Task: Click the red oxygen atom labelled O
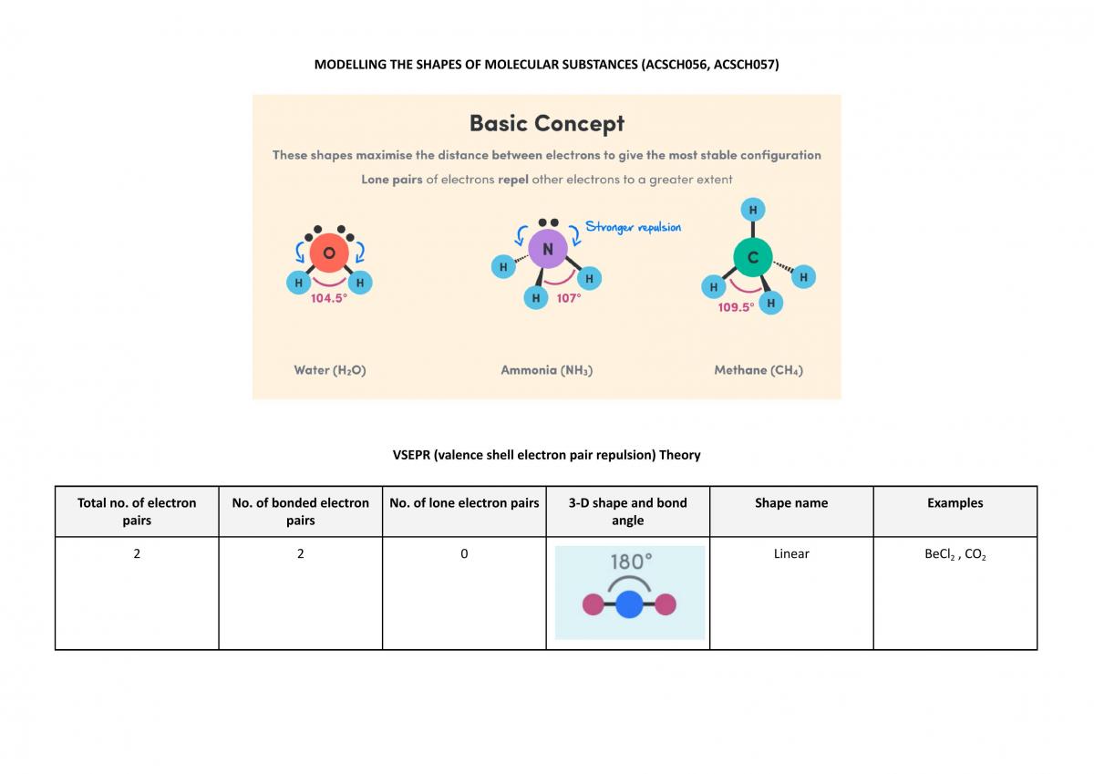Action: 329,253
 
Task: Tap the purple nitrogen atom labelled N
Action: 548,249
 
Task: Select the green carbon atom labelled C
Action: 753,257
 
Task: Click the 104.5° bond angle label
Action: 329,298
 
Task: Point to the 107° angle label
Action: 569,298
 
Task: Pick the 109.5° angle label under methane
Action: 736,307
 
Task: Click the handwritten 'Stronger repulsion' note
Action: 633,227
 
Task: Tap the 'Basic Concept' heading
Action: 547,123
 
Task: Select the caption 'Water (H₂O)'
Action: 330,370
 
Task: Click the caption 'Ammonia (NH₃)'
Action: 546,370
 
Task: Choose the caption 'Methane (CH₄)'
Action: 759,370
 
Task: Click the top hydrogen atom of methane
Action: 753,210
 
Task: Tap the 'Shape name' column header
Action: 791,503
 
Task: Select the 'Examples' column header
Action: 955,503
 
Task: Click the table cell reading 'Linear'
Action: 791,553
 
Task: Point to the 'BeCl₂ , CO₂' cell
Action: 955,554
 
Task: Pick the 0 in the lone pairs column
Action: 464,553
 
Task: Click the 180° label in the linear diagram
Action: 631,562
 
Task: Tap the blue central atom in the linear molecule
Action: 629,604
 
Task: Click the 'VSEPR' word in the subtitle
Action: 411,455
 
